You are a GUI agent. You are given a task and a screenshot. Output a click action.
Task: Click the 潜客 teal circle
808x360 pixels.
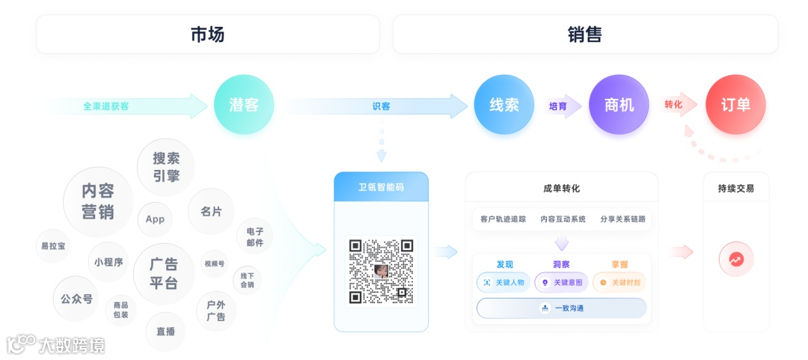pos(243,105)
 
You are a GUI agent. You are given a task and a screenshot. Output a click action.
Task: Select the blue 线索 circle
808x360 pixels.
pos(504,105)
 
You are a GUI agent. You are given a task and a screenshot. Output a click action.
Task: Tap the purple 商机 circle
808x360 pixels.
pos(618,105)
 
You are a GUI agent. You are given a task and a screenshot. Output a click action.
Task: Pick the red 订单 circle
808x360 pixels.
pos(735,105)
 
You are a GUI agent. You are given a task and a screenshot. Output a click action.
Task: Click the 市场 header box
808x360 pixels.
pos(207,34)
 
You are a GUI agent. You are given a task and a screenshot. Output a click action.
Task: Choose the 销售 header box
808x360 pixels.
pos(585,34)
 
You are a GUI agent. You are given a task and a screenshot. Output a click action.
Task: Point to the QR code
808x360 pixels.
pos(381,271)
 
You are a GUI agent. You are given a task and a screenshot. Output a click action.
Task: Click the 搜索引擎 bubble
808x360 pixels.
pos(166,166)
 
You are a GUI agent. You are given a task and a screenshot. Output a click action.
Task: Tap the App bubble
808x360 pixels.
pos(155,219)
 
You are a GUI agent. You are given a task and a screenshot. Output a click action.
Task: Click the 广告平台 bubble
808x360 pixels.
pos(163,273)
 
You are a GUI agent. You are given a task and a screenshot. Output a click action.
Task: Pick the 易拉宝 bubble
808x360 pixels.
pos(53,245)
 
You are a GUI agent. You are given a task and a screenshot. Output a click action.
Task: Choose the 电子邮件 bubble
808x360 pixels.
pos(254,237)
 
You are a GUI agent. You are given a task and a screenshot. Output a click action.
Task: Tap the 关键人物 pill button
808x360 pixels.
pos(504,282)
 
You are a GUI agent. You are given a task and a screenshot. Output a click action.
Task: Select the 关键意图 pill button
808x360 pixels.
pos(561,282)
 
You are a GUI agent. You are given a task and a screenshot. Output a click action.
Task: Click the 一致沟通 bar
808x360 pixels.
pos(561,308)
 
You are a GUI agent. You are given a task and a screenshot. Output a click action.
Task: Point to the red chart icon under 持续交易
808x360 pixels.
pos(736,260)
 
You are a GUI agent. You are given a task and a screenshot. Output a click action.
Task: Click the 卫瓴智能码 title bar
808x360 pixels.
pos(381,187)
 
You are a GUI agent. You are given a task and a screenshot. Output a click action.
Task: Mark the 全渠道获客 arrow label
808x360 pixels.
pos(106,106)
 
